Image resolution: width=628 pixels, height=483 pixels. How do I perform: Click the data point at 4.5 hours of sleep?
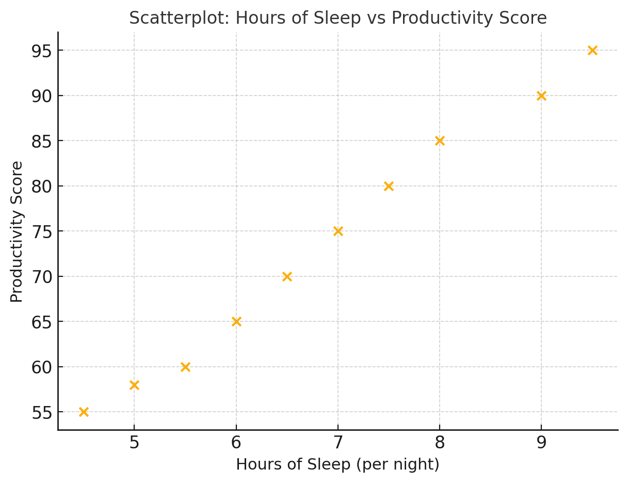[84, 412]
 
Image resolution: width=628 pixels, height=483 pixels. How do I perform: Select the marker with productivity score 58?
[134, 385]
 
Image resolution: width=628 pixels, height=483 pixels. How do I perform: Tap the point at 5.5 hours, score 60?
[185, 367]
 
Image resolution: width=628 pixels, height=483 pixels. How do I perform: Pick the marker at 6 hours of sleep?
[236, 321]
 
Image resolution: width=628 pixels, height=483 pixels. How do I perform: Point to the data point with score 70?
[287, 276]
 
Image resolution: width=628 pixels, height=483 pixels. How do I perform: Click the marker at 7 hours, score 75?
[338, 231]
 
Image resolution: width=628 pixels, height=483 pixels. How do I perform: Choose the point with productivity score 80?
[389, 186]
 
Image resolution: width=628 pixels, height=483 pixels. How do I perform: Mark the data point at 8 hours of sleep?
[440, 141]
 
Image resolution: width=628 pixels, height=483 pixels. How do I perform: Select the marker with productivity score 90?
[541, 96]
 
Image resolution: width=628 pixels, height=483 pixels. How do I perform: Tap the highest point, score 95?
[592, 50]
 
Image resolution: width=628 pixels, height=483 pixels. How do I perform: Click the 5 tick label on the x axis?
[134, 443]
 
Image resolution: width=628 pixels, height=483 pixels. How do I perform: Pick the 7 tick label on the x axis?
[338, 443]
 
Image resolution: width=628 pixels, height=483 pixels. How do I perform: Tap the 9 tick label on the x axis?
[541, 443]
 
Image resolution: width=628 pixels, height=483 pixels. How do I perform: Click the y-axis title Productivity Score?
[17, 231]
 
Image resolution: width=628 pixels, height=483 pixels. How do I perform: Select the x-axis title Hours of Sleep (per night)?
[337, 465]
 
